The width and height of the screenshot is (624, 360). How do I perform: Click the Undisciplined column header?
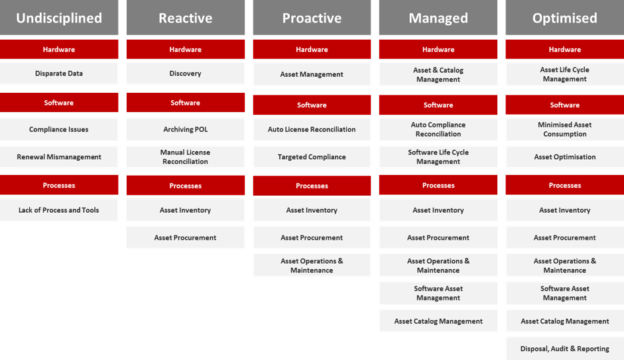pos(59,17)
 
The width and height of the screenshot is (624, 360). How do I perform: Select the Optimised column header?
pos(565,17)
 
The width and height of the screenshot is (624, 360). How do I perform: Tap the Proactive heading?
pos(312,17)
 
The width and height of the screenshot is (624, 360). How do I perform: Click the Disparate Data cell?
pos(59,73)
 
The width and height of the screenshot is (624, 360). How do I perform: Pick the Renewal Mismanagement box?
pos(59,156)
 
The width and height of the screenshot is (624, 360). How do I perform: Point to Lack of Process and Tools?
pos(59,210)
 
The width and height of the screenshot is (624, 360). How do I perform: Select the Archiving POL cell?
pos(186,129)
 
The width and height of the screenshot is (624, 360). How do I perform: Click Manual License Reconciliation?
pos(186,156)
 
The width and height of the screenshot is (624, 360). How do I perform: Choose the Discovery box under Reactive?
pos(186,73)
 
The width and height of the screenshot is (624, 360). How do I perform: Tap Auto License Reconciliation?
pos(312,129)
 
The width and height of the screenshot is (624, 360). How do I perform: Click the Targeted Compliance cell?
pos(312,156)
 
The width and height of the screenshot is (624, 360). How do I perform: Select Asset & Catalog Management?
pos(438,74)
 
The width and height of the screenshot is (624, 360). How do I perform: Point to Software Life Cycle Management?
pos(438,156)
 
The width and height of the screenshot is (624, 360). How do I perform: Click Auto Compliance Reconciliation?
pos(438,129)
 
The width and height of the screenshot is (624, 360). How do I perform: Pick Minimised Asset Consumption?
pos(565,129)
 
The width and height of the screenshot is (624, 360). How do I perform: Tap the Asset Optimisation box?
pos(565,156)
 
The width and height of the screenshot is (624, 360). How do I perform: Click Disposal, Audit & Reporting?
pos(565,349)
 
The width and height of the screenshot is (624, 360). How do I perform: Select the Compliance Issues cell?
pos(59,129)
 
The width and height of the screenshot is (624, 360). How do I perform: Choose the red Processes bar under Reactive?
pos(186,186)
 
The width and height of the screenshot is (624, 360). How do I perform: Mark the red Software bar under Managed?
pos(438,105)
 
